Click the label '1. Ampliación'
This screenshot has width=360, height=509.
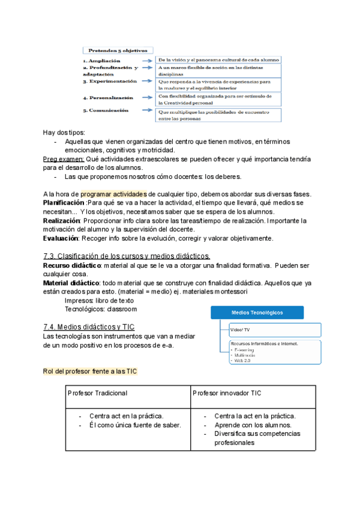tap(101, 61)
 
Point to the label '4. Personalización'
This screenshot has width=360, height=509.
tap(108, 97)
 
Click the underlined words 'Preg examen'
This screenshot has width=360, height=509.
tap(64, 158)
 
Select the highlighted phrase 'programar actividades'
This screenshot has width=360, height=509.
tap(113, 194)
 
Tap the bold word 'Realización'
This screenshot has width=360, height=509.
tap(62, 220)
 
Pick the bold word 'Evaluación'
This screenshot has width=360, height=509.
tap(61, 238)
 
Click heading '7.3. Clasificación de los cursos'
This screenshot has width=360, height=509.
tap(126, 256)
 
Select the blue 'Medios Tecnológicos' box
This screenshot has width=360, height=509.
tap(257, 312)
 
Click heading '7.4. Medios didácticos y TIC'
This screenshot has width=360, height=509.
tap(89, 327)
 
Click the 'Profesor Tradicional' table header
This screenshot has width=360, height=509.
tap(97, 393)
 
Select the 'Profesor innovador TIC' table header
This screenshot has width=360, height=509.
tap(226, 393)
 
